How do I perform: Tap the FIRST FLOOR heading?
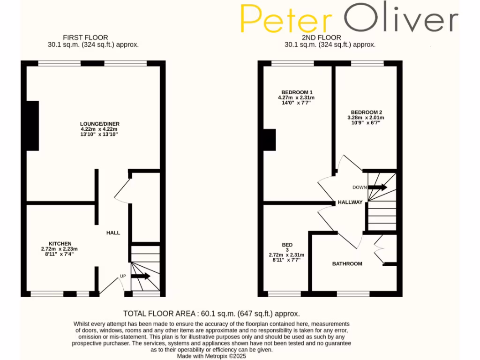(x=85, y=37)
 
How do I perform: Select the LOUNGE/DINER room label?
(x=99, y=124)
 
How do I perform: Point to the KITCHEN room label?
(x=60, y=244)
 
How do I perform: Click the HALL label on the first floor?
(x=113, y=232)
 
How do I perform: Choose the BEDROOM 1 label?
(x=297, y=92)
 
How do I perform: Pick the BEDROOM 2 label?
(x=367, y=112)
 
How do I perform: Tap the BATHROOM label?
(x=347, y=264)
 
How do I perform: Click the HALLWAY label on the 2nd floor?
(x=350, y=202)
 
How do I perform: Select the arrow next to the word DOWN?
(x=378, y=187)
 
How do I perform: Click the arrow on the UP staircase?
(x=141, y=276)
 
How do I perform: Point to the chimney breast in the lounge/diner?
(x=32, y=125)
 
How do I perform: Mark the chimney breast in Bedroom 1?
(x=270, y=140)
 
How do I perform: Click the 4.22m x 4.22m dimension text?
(x=99, y=129)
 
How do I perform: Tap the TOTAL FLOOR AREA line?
(x=211, y=314)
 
